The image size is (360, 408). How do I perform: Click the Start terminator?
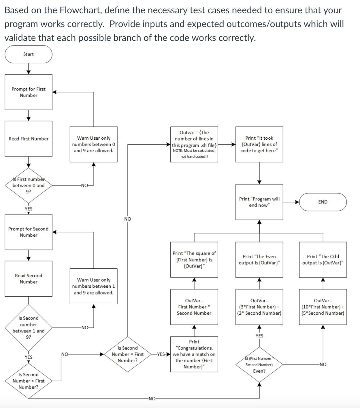point(29,54)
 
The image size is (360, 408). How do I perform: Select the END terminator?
point(323,202)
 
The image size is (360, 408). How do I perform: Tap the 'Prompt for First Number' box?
point(29,92)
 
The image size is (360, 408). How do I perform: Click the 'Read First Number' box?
point(29,138)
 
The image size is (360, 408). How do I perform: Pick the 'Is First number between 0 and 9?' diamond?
point(29,185)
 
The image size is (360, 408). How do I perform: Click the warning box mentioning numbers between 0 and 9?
point(94,144)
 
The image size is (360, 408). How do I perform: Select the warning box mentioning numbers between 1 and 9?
point(94,286)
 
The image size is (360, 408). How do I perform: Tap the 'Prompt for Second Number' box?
point(29,232)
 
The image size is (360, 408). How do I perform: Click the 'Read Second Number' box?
point(29,278)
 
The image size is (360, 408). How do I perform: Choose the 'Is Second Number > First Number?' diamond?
point(29,381)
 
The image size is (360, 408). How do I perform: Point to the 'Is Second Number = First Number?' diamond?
point(128,354)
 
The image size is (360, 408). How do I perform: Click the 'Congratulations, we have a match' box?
point(194,354)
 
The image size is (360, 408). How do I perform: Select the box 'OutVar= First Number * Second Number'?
point(194,307)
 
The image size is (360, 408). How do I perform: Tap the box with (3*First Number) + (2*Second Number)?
point(259,307)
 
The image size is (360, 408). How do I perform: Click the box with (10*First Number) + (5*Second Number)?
point(323,307)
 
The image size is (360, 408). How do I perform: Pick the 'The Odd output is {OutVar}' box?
point(323,259)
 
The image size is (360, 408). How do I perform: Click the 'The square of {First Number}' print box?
point(194,259)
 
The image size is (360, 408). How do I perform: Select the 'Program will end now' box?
point(259,202)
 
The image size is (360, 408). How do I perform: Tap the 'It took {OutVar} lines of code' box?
point(259,144)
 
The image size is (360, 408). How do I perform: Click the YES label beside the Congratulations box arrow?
point(161,354)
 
